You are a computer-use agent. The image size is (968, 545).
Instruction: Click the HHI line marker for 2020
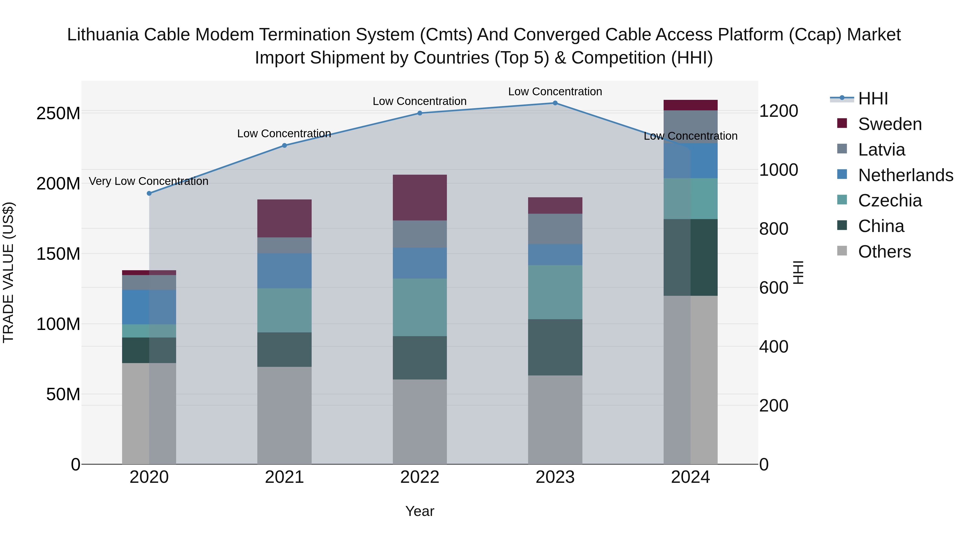click(149, 193)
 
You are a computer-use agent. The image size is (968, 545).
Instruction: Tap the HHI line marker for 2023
click(555, 103)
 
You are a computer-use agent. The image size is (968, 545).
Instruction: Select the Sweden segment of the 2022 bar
click(420, 198)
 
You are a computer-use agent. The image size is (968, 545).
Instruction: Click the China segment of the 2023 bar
click(555, 347)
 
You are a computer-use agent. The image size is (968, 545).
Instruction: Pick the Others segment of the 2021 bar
click(284, 415)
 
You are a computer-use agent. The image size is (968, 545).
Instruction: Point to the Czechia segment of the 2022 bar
click(420, 307)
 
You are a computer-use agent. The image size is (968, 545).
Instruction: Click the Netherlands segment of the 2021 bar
click(284, 271)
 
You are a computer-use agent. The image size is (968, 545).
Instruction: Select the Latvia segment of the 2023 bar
click(555, 229)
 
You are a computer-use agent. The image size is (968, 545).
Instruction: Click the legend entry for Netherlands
click(905, 175)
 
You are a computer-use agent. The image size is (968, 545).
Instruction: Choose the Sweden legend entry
click(889, 124)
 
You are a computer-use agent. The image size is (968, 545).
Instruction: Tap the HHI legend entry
click(873, 99)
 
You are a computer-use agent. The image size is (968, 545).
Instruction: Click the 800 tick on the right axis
click(773, 229)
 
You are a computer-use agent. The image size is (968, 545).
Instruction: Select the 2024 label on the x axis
click(690, 477)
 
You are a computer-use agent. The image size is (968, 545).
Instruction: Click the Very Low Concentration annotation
click(148, 181)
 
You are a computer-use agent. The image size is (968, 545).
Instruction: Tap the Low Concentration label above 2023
click(555, 92)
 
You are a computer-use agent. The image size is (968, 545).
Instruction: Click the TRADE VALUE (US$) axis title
click(8, 272)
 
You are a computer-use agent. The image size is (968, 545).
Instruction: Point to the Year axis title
click(420, 511)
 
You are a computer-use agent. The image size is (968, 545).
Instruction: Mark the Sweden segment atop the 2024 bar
click(690, 105)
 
